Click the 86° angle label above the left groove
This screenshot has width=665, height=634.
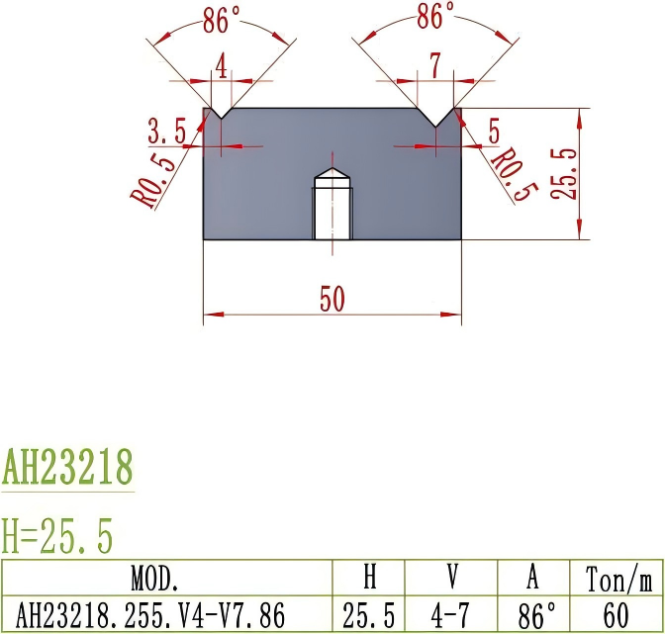[223, 20]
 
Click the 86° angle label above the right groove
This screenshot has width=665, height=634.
[435, 16]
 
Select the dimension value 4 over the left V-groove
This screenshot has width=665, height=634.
[222, 67]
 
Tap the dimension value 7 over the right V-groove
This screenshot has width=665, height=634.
[435, 67]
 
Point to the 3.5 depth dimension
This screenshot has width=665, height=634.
[167, 131]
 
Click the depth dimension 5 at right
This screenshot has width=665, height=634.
[494, 131]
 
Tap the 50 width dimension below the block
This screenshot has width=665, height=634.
[332, 300]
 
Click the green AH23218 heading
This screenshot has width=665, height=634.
[66, 466]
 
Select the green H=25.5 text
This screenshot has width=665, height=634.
[58, 536]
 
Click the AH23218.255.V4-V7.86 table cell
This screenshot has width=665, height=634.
[165, 614]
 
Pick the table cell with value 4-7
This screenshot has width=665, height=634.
[452, 614]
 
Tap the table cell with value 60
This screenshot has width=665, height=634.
[615, 614]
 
